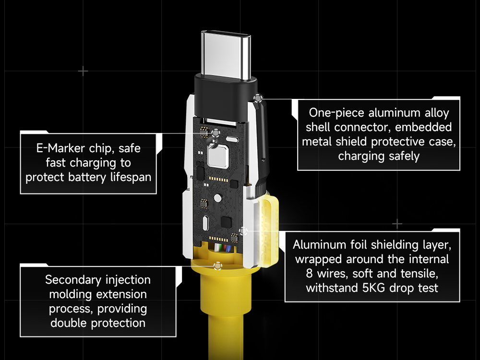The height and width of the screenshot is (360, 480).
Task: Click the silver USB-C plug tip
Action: click(x=226, y=55)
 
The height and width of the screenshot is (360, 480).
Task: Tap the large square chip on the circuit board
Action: click(x=218, y=156)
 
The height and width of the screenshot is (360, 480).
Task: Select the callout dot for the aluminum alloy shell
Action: click(x=258, y=98)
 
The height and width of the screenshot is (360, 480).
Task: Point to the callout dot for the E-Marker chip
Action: click(x=216, y=133)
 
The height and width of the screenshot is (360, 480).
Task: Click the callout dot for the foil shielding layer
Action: click(x=243, y=231)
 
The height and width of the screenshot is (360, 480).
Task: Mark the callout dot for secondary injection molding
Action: click(x=217, y=266)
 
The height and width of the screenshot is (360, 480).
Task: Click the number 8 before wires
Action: click(x=309, y=274)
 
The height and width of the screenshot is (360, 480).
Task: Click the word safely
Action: click(x=404, y=156)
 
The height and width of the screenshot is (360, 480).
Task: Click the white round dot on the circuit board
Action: click(x=217, y=198)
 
